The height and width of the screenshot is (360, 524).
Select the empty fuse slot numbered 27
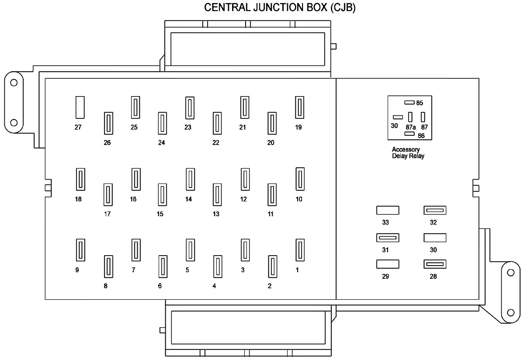pos(80,107)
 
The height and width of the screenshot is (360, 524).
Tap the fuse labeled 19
pos(299,107)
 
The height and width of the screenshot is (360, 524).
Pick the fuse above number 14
pos(190,179)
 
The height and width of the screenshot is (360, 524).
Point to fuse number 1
pos(299,250)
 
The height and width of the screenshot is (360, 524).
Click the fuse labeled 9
pos(80,250)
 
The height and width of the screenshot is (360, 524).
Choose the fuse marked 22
pos(216,123)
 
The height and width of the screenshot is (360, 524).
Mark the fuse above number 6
pos(162,266)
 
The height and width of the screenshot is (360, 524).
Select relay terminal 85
pos(409,103)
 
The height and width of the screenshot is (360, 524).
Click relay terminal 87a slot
pos(410,117)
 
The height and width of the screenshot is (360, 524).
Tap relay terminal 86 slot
pos(409,134)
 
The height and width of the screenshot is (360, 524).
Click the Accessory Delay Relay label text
pos(408,153)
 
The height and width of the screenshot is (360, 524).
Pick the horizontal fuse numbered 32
pos(435,211)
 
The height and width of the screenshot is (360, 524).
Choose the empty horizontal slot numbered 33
pos(388,211)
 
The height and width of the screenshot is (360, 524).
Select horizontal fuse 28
pos(435,264)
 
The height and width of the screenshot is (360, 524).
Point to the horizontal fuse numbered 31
pos(388,238)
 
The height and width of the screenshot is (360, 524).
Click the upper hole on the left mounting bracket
pos(14,83)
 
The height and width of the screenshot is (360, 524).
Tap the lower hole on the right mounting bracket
pos(510,312)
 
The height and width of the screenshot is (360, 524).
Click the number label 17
pos(107,214)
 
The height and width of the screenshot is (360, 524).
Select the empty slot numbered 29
pos(388,264)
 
